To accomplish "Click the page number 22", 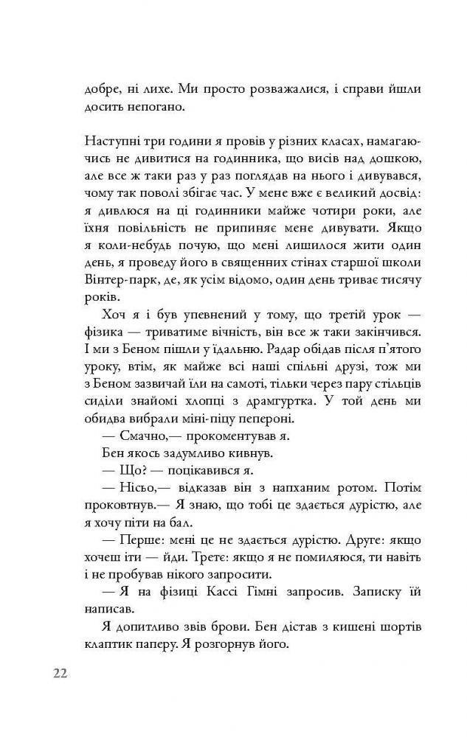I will point(60,675).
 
